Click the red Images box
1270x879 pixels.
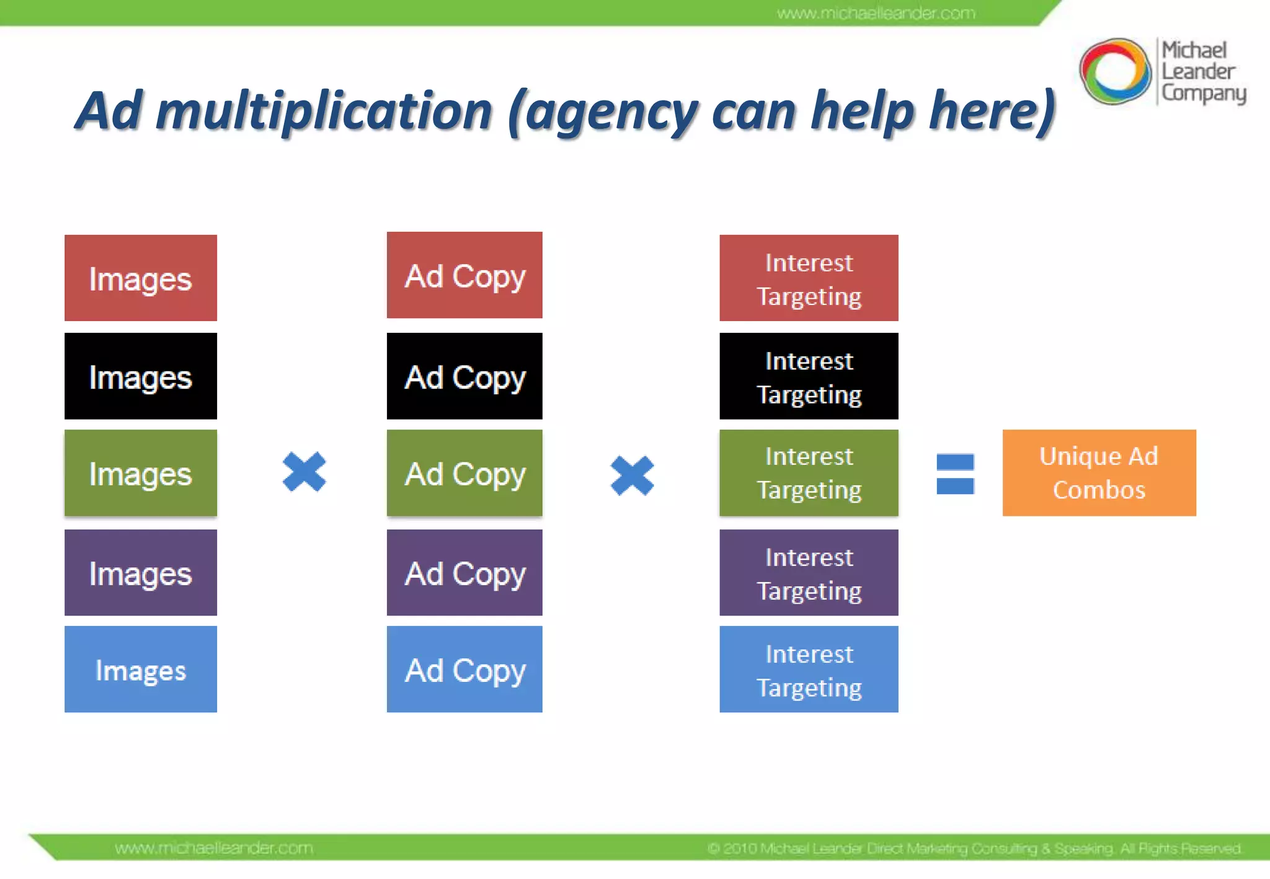pyautogui.click(x=141, y=278)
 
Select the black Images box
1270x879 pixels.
pyautogui.click(x=141, y=376)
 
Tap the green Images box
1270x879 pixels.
pyautogui.click(x=141, y=473)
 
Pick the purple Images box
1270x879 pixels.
pyautogui.click(x=141, y=572)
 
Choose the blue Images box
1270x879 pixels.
pyautogui.click(x=141, y=669)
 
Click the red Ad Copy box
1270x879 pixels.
pyautogui.click(x=464, y=275)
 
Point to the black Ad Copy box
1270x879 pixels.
pyautogui.click(x=464, y=376)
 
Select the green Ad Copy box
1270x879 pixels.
pyautogui.click(x=464, y=473)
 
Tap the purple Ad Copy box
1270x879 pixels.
pyautogui.click(x=464, y=572)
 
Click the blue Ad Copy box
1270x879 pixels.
pyautogui.click(x=464, y=669)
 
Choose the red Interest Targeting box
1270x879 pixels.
pyautogui.click(x=809, y=278)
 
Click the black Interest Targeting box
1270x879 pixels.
pyautogui.click(x=809, y=376)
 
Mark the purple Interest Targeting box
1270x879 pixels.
pyautogui.click(x=809, y=572)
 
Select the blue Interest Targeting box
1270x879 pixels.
pyautogui.click(x=809, y=669)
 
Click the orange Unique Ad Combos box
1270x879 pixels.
pyautogui.click(x=1099, y=473)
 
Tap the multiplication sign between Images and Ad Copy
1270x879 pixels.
pyautogui.click(x=304, y=472)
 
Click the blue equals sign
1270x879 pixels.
pyautogui.click(x=955, y=474)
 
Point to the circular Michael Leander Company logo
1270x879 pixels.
pyautogui.click(x=1115, y=71)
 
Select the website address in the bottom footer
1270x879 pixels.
pyautogui.click(x=214, y=848)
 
